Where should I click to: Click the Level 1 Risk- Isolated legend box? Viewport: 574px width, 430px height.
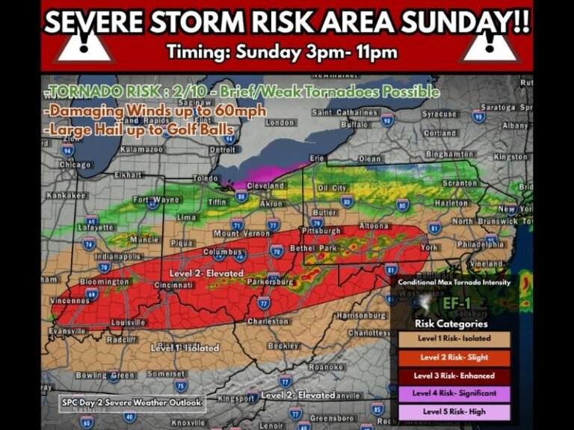pyautogui.click(x=454, y=339)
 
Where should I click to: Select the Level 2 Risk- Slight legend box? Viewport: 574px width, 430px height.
pyautogui.click(x=454, y=357)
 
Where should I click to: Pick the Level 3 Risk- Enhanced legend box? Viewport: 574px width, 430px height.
pyautogui.click(x=454, y=375)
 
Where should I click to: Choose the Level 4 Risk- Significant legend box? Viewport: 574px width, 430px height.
pyautogui.click(x=454, y=393)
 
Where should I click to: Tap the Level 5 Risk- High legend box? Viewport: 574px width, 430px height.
pyautogui.click(x=454, y=411)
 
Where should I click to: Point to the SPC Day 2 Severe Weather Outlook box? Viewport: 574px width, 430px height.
pyautogui.click(x=132, y=402)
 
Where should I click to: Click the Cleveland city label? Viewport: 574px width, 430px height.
pyautogui.click(x=266, y=185)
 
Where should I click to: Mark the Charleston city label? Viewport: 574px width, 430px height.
pyautogui.click(x=268, y=321)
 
